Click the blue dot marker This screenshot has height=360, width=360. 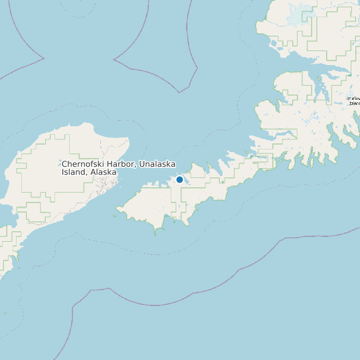[x=179, y=179]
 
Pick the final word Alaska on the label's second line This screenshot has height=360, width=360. [x=104, y=172]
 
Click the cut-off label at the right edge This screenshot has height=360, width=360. [x=354, y=101]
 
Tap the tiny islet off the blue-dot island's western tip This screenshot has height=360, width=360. [x=115, y=215]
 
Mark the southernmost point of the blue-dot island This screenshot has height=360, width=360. [x=156, y=232]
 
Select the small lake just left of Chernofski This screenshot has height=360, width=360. [x=56, y=164]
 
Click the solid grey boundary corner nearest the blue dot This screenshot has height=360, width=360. [x=178, y=91]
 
